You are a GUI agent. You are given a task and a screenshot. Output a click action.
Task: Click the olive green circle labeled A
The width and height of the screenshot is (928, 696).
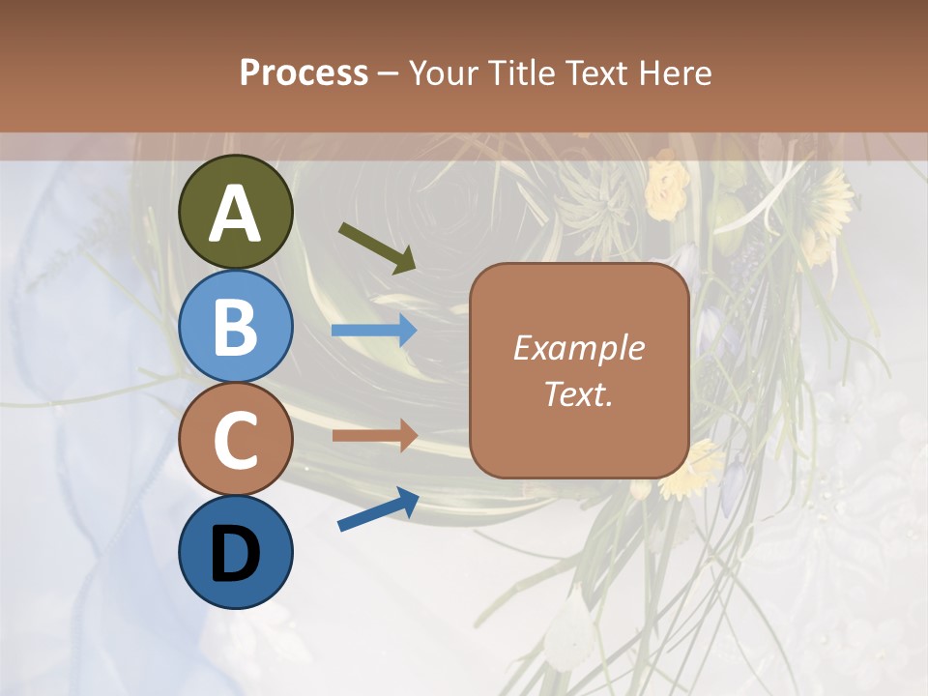236,213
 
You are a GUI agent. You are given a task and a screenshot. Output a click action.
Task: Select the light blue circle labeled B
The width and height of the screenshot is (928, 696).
236,327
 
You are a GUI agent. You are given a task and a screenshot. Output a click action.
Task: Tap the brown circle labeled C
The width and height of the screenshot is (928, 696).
236,440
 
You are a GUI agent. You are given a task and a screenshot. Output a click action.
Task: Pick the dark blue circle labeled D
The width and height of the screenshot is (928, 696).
236,553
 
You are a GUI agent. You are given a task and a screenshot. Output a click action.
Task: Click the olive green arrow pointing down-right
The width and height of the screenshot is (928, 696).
377,246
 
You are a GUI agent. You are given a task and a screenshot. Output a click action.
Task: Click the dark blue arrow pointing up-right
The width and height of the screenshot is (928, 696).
378,510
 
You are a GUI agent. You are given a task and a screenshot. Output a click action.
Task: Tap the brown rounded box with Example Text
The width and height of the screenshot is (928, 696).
579,370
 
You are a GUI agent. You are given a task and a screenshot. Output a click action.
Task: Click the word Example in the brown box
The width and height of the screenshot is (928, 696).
579,348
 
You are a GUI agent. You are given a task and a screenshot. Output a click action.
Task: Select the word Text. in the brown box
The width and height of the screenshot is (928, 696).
579,394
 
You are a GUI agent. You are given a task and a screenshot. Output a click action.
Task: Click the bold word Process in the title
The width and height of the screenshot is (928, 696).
304,72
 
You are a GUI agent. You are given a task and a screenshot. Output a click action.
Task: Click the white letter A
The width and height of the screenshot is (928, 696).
236,215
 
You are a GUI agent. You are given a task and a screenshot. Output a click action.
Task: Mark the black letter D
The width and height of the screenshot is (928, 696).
236,555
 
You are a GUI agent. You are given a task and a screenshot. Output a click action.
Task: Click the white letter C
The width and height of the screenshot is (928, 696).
236,442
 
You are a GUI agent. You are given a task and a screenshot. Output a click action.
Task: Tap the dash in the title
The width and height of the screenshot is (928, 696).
389,73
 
